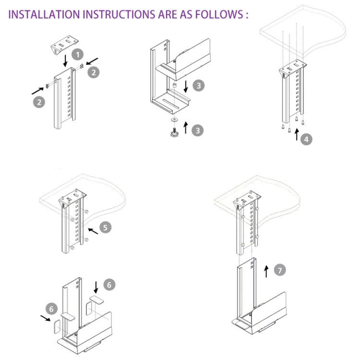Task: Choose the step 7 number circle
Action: (280, 270)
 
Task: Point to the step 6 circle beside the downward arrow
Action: (109, 285)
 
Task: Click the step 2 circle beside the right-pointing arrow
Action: (38, 101)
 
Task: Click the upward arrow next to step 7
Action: (266, 271)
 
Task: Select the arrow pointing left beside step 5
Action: (92, 231)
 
